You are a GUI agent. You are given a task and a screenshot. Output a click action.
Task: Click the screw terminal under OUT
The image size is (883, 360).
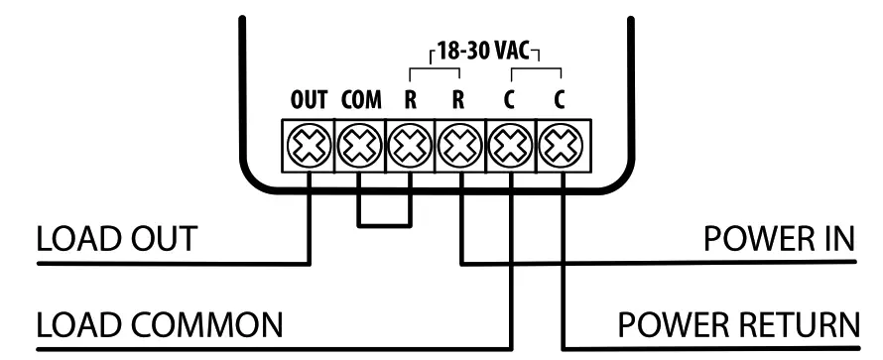309,147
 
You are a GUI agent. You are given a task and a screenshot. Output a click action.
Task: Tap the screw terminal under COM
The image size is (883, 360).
359,147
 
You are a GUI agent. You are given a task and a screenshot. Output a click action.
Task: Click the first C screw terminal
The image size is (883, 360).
511,147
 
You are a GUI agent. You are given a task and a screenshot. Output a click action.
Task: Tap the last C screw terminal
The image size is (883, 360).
562,147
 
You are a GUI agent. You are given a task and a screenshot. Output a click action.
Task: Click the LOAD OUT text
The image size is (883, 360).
116,240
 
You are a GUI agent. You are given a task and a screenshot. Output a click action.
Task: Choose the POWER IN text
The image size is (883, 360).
777,240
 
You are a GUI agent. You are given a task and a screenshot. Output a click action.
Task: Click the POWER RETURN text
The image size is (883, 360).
735,325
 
